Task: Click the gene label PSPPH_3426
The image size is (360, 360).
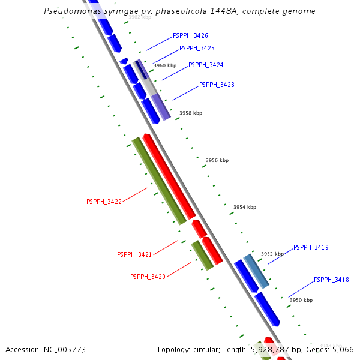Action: pyautogui.click(x=190, y=36)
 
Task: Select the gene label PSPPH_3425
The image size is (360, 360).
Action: pyautogui.click(x=197, y=48)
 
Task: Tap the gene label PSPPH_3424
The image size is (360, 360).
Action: pyautogui.click(x=206, y=65)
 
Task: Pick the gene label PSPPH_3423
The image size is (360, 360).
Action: pyautogui.click(x=217, y=85)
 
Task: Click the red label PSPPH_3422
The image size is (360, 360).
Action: pyautogui.click(x=104, y=202)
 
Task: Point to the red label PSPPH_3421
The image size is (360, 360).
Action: pyautogui.click(x=134, y=255)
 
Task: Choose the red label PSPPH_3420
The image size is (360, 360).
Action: pyautogui.click(x=148, y=277)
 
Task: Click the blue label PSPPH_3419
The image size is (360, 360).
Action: pyautogui.click(x=311, y=247)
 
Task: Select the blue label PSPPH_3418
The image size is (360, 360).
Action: pyautogui.click(x=331, y=280)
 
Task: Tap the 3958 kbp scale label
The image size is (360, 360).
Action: pyautogui.click(x=191, y=113)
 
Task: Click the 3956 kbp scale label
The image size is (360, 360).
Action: pyautogui.click(x=217, y=160)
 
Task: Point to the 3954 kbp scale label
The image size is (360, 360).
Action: pyautogui.click(x=245, y=207)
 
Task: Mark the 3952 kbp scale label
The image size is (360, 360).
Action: pyautogui.click(x=272, y=254)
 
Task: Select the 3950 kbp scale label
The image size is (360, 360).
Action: pyautogui.click(x=301, y=300)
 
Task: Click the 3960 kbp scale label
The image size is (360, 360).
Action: pyautogui.click(x=165, y=65)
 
